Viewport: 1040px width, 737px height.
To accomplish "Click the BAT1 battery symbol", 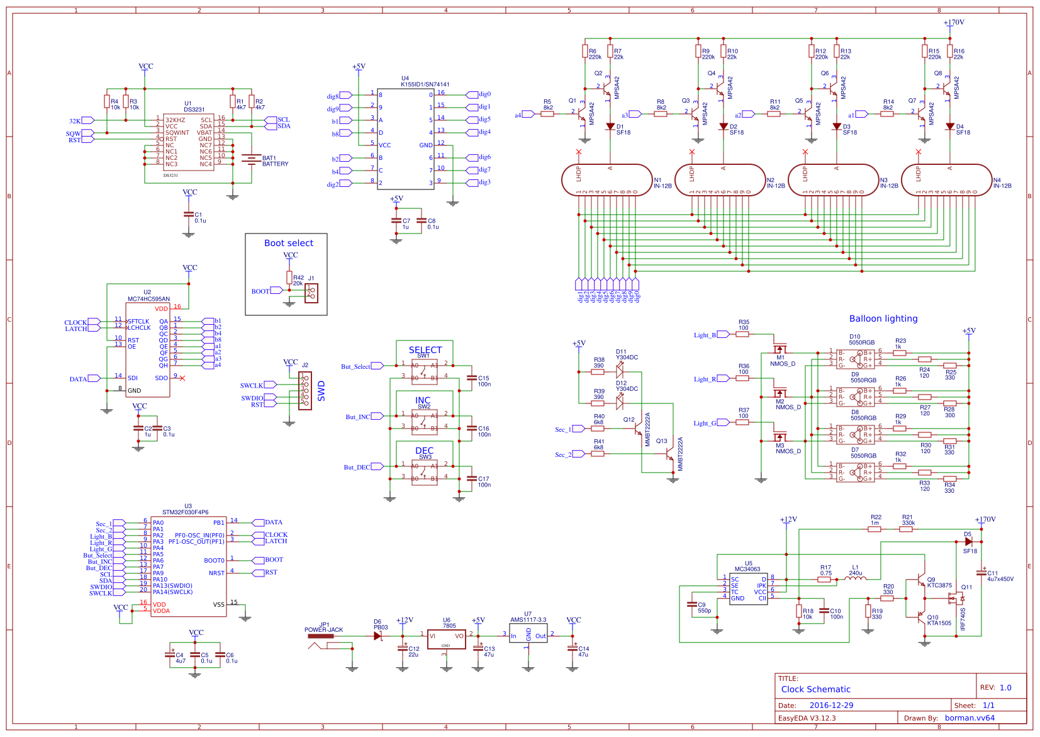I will point(252,159).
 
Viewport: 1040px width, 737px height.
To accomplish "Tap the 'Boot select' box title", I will point(288,243).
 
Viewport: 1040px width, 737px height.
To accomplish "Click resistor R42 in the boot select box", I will point(289,278).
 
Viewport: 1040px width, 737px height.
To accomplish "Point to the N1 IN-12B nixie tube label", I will point(662,183).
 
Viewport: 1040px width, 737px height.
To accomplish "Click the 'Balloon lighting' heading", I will point(883,318).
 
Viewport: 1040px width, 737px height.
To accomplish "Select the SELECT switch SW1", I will point(425,372).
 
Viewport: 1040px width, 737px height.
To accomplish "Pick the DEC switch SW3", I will point(425,472).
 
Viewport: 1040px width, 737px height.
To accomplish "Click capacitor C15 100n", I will point(472,378).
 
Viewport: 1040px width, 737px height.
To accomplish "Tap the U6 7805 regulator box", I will point(446,639).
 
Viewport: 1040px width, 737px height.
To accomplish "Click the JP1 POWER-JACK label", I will point(323,627).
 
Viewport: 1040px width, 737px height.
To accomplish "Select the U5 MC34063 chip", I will point(749,588).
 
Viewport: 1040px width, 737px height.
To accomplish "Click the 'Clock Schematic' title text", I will point(815,689).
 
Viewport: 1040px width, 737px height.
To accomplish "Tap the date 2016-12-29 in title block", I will point(831,706).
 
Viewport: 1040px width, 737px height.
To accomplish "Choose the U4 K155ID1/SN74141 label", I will point(425,82).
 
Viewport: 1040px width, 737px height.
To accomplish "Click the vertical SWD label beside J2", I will point(322,391).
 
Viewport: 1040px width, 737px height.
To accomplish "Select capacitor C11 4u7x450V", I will point(981,573).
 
